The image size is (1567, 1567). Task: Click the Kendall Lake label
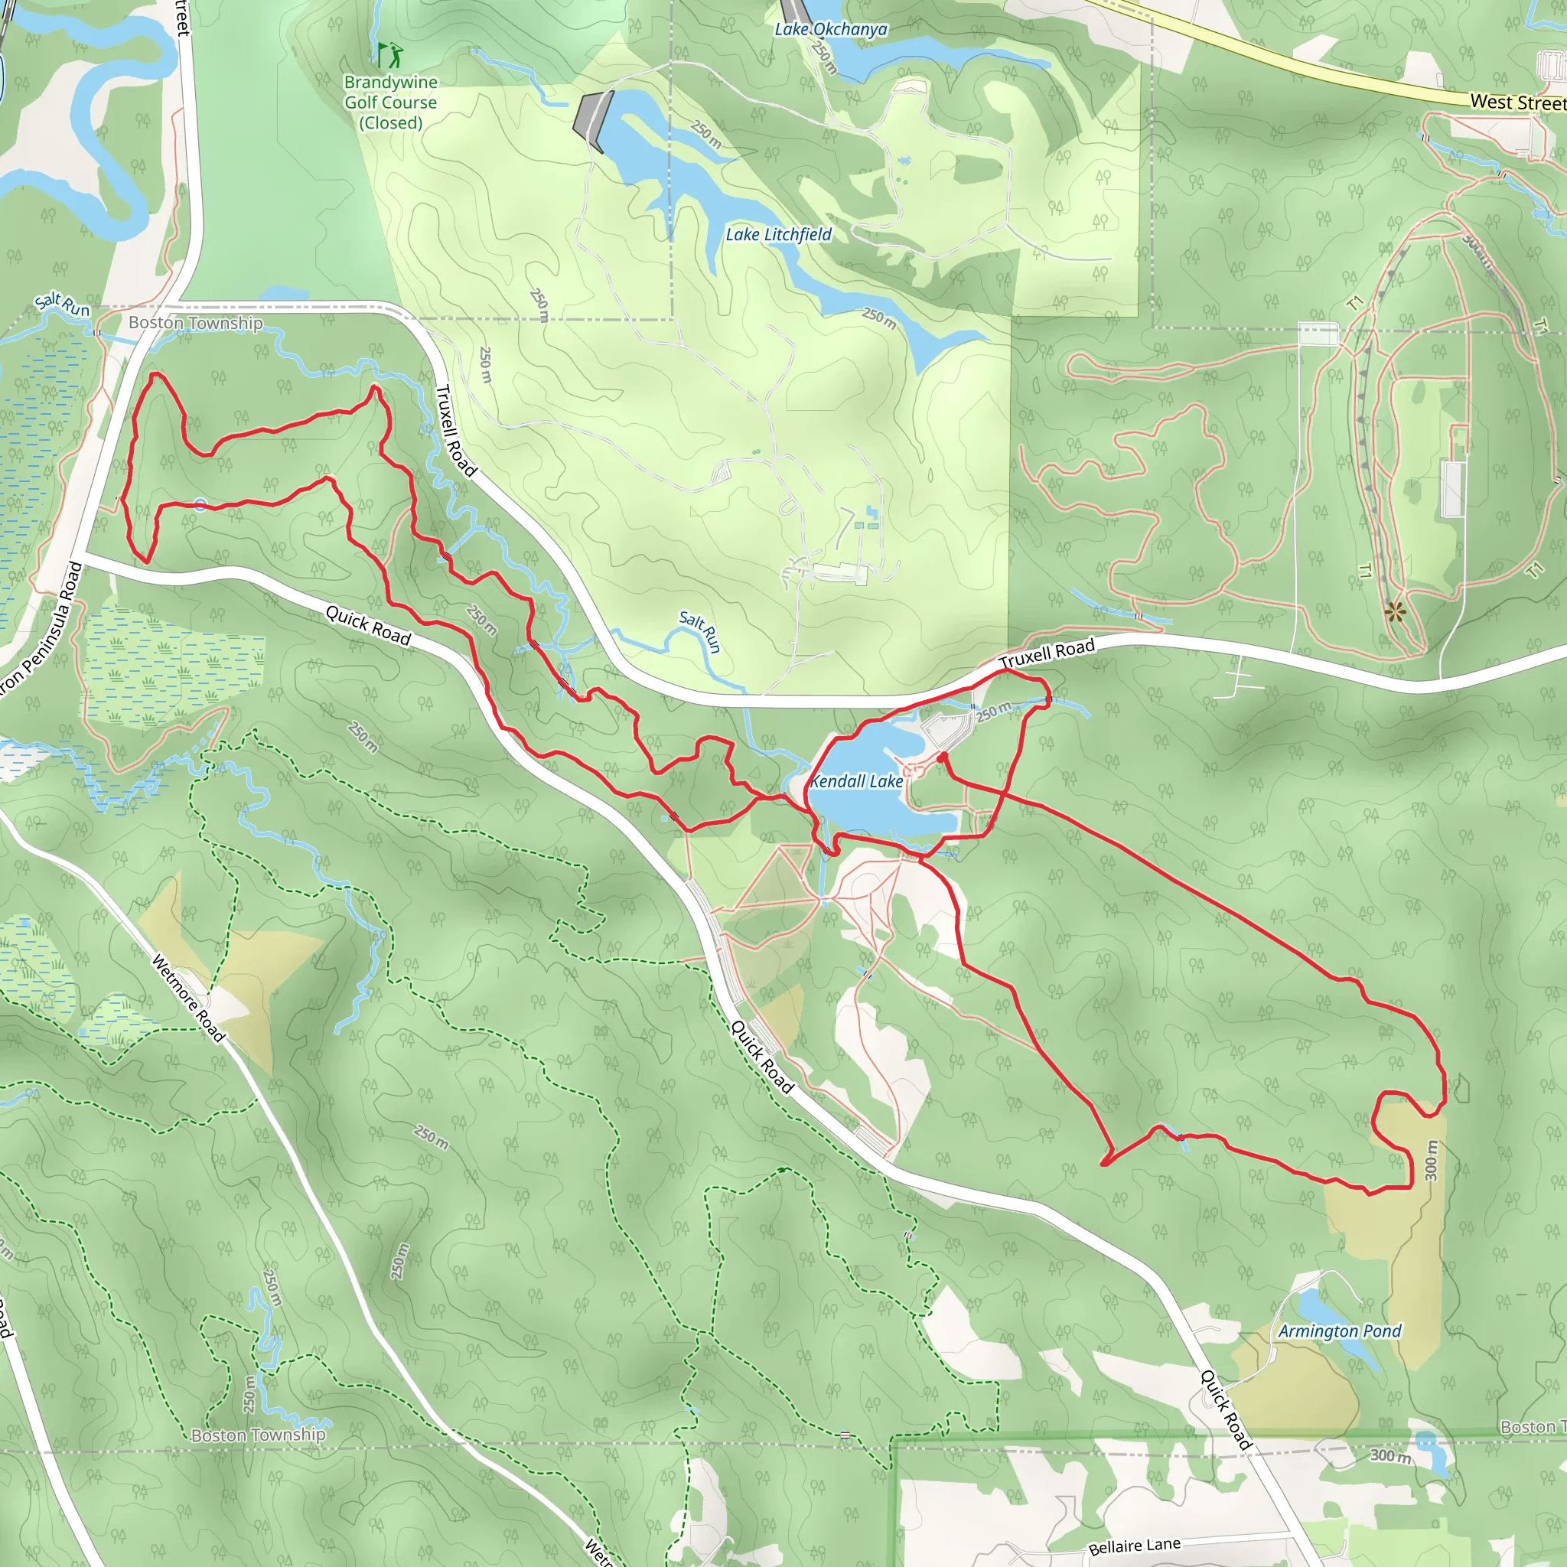856,781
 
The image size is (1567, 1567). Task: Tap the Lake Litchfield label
778,234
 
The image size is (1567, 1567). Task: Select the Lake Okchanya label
830,30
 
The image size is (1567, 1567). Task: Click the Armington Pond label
1339,1331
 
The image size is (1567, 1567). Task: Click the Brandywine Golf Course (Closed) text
390,103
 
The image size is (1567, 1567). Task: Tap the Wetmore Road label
188,998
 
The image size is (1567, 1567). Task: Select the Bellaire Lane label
1134,1546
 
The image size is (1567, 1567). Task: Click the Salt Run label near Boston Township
63,305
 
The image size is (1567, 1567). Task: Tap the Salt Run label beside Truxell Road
700,632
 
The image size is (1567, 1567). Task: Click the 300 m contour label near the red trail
1431,1160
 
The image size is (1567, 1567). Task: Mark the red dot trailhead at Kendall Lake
943,757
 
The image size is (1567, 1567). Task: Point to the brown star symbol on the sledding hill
1394,611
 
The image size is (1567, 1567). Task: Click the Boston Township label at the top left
195,323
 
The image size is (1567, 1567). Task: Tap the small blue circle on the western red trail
200,505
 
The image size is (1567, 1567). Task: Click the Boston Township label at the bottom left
258,1434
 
